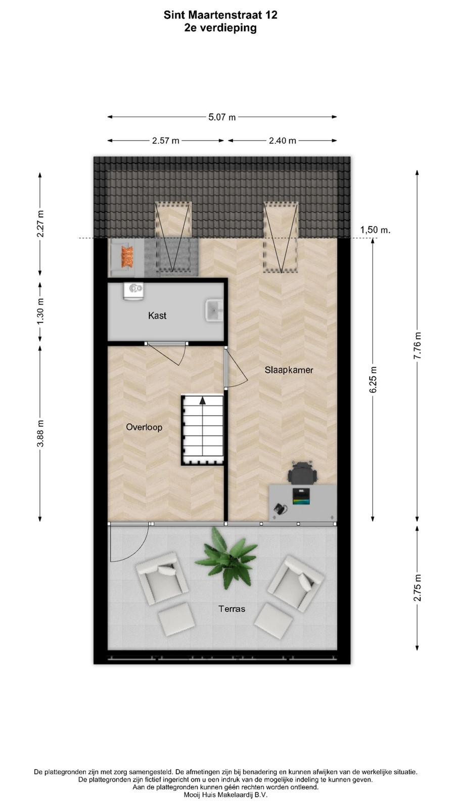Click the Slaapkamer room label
(x=289, y=370)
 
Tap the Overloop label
(x=144, y=427)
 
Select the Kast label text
(x=157, y=316)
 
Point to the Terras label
(x=232, y=609)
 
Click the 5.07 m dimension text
(x=222, y=117)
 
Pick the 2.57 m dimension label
(x=166, y=141)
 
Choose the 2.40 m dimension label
(x=283, y=141)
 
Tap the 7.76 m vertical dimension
(x=417, y=345)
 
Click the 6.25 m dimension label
(x=373, y=380)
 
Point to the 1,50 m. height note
(x=375, y=230)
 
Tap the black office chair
(x=303, y=473)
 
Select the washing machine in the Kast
(x=133, y=290)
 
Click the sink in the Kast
(x=214, y=310)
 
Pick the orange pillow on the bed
(x=127, y=257)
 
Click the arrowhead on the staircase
(x=203, y=400)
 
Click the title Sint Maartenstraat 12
(x=220, y=15)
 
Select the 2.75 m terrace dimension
(x=417, y=588)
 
